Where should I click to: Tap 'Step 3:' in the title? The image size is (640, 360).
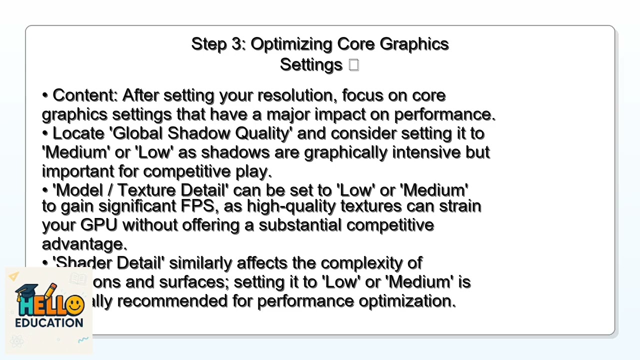tap(218, 44)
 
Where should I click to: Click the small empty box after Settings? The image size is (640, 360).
tap(354, 65)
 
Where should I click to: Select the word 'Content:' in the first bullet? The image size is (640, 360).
tap(85, 95)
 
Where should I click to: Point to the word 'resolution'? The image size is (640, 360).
tap(294, 95)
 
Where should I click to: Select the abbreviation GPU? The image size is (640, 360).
tap(98, 225)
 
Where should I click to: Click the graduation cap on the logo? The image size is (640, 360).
tap(27, 291)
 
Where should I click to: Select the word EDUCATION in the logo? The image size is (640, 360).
tap(49, 322)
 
